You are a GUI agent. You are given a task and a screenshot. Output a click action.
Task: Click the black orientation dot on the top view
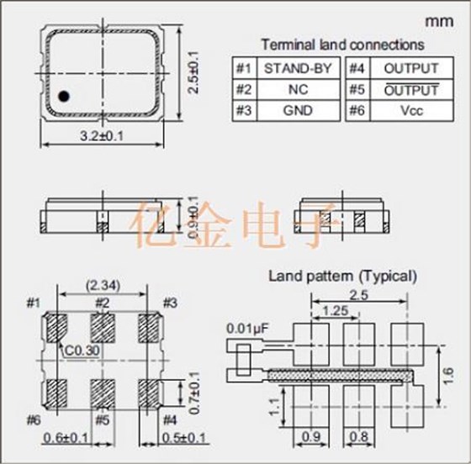click(x=64, y=96)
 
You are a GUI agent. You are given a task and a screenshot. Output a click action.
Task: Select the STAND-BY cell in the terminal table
click(x=299, y=68)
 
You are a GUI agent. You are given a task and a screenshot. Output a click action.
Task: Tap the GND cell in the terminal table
click(x=299, y=111)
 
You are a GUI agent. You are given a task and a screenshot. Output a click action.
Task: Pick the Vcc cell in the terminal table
click(x=412, y=111)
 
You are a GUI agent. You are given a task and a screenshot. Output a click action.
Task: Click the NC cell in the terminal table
click(x=299, y=90)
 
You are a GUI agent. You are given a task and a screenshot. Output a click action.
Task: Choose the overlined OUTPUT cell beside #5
click(x=412, y=90)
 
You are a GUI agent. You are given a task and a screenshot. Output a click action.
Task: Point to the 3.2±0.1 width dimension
click(x=102, y=136)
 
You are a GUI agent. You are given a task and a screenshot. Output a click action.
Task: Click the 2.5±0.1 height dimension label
click(x=193, y=72)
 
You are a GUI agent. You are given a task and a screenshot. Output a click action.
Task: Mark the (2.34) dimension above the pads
click(x=103, y=286)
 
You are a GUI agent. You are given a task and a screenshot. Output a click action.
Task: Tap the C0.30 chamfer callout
click(x=82, y=351)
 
